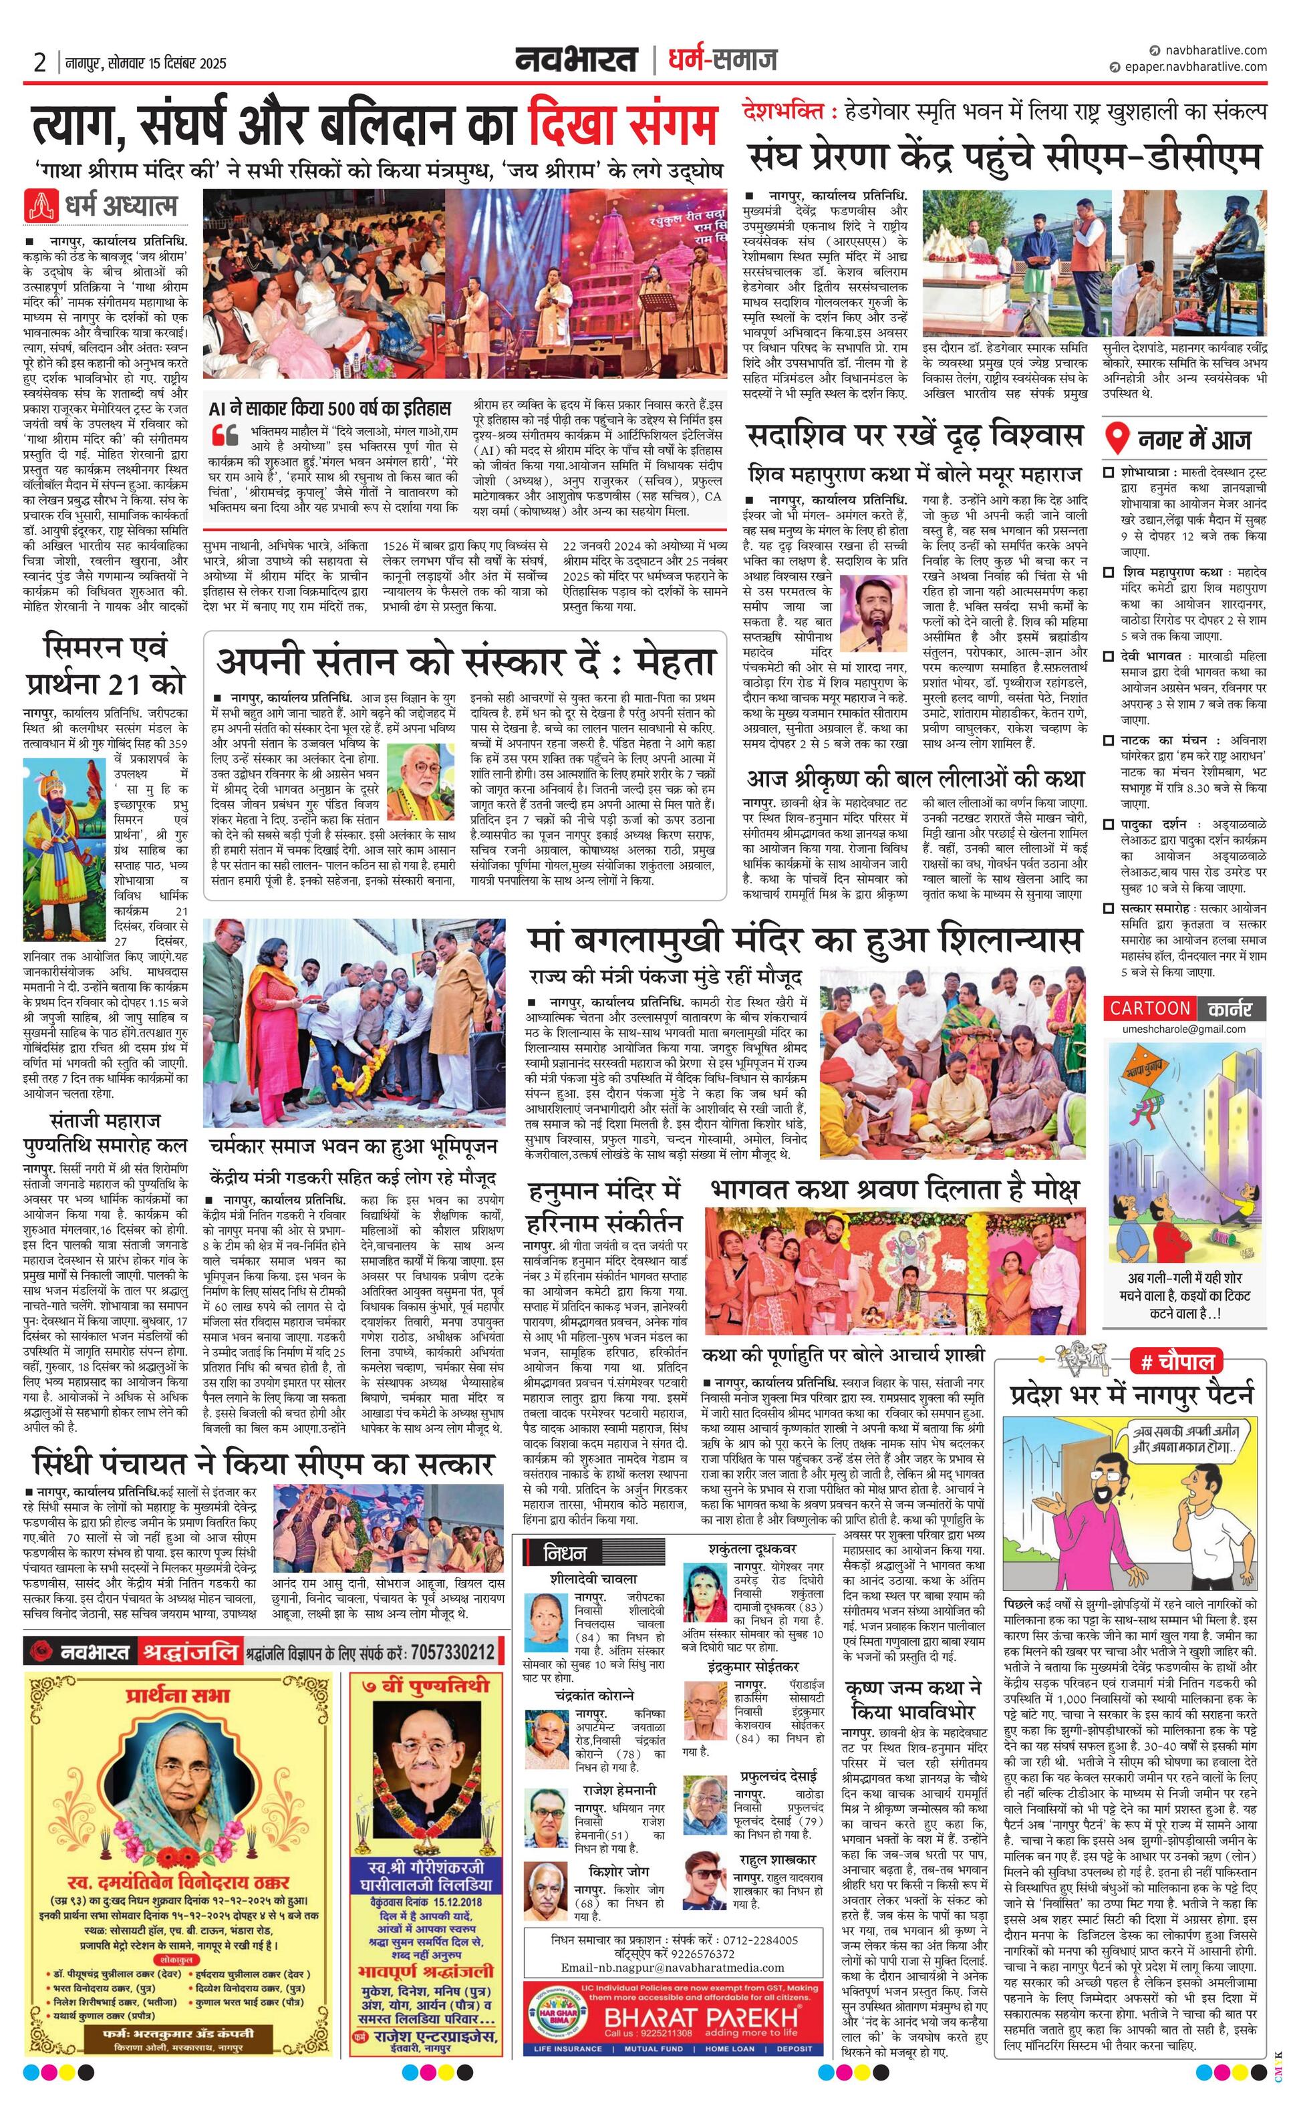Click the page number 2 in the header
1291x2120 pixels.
pos(39,63)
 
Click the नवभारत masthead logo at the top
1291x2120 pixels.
pos(576,60)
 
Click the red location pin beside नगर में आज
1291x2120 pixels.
pos(1117,439)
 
